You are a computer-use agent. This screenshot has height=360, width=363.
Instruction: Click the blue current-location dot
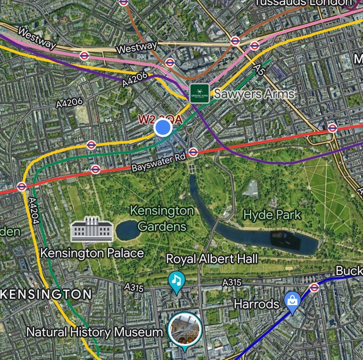pos(162,128)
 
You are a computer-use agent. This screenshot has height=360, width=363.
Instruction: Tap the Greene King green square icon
pos(199,93)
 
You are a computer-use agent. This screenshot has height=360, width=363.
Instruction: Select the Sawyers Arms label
pos(254,93)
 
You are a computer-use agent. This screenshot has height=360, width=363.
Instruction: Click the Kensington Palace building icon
pos(92,230)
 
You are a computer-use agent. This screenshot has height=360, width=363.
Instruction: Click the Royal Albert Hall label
pos(212,259)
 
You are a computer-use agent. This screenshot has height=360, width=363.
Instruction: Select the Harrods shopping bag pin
pos(292,301)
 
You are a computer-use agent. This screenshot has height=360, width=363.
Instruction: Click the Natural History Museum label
pos(95,332)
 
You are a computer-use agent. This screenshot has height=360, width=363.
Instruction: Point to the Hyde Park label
pos(272,214)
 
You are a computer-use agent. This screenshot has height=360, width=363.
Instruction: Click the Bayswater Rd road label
pos(158,162)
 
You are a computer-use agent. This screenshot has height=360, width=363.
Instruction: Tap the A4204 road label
pos(33,219)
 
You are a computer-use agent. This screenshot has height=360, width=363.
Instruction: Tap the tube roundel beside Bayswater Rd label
pos(193,152)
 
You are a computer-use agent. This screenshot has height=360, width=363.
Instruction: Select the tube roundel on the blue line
pos(314,287)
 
